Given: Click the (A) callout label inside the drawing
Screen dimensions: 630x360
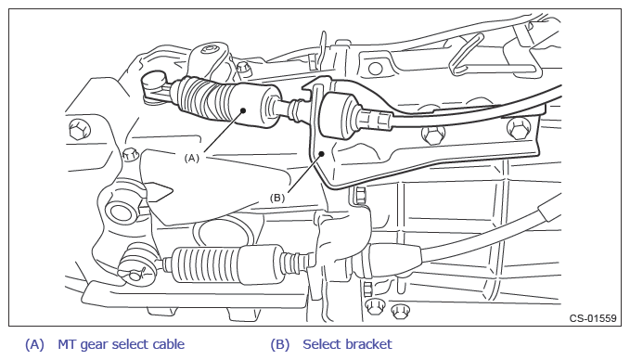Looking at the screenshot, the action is [192, 159].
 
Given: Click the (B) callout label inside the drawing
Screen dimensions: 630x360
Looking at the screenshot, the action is [277, 198].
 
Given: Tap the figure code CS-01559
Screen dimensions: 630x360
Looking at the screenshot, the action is [593, 318].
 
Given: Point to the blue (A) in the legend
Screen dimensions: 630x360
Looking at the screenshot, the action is [34, 345].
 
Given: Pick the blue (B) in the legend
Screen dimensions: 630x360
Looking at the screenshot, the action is [280, 345].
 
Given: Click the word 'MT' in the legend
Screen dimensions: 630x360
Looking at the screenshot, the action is [67, 344].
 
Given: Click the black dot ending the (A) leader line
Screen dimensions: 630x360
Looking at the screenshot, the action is [243, 110].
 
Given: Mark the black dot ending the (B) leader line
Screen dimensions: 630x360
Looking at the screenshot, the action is [321, 153].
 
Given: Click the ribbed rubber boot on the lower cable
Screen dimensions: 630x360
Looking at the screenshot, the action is [207, 264].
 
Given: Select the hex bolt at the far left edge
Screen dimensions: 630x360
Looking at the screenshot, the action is [80, 129].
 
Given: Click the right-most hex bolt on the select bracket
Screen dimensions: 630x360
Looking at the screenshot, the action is [519, 128].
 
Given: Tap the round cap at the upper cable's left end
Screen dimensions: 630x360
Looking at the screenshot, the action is [154, 81].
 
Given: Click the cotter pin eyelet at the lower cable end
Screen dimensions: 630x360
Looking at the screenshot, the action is [135, 275].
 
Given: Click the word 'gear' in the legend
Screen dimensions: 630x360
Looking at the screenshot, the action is [94, 345].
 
